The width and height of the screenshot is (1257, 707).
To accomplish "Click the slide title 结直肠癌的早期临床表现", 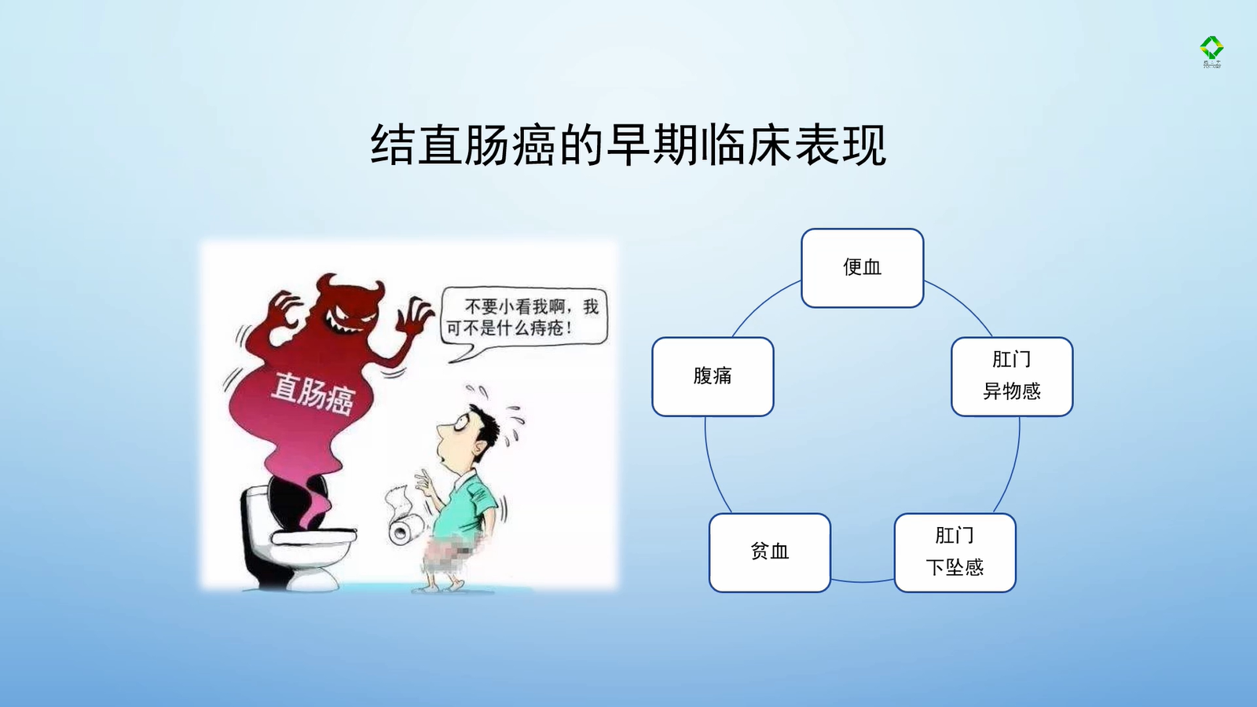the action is (628, 145).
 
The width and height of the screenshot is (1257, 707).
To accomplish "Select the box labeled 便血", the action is (863, 268).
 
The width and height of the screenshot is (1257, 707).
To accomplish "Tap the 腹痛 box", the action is (713, 376).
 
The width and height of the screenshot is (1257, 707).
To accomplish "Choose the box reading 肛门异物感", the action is (1013, 376).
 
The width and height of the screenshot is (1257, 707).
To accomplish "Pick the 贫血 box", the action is (770, 553).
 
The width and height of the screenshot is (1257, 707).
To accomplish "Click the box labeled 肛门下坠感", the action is (955, 553).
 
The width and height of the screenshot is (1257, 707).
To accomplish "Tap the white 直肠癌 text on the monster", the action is (312, 394).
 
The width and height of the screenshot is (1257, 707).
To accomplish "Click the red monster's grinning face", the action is (349, 310).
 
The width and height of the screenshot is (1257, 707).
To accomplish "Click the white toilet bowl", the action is (298, 539).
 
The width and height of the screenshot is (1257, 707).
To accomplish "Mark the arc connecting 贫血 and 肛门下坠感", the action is (863, 581).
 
